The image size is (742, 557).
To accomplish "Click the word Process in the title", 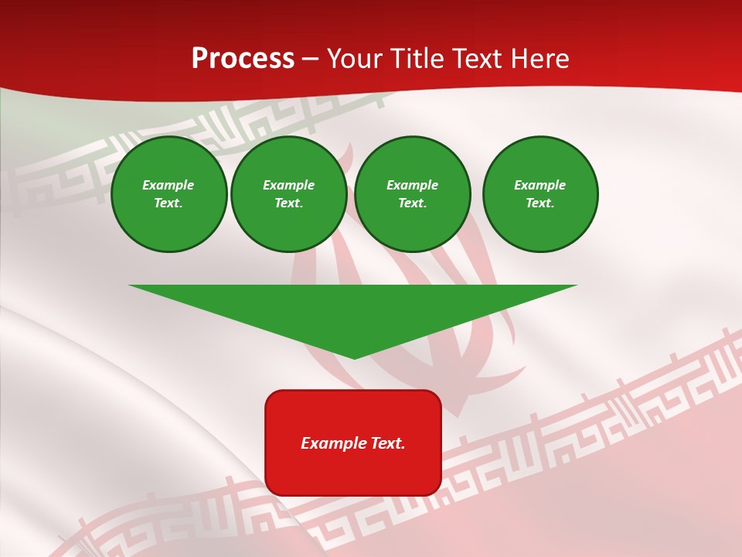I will (x=243, y=59).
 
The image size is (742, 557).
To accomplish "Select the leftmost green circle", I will (x=168, y=194).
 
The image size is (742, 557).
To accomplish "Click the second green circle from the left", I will (x=288, y=194).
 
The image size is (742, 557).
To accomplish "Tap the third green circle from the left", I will (x=412, y=194).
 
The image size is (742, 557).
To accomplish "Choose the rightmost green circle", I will (x=539, y=194).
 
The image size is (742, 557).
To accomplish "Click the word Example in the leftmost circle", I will (x=168, y=185).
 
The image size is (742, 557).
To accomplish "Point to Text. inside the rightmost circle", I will (x=539, y=203).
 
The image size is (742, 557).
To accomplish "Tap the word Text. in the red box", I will (x=387, y=443).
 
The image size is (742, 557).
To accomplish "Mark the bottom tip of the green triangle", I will (x=354, y=357).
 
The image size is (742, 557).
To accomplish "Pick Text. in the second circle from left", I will (x=288, y=203).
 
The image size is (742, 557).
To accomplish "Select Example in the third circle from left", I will (x=412, y=185).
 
